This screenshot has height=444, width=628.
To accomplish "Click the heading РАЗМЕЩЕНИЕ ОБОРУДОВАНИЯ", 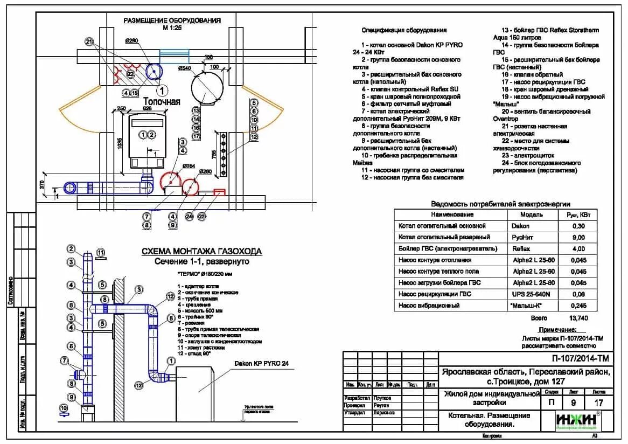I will (x=172, y=20).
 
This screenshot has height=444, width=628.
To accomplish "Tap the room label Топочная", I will (x=162, y=101).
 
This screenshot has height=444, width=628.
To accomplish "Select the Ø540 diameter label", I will (x=185, y=68).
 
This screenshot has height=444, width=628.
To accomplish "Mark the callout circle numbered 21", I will (x=89, y=41).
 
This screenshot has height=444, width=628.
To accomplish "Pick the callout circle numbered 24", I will (x=189, y=216).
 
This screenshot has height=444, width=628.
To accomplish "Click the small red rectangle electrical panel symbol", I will (x=219, y=191).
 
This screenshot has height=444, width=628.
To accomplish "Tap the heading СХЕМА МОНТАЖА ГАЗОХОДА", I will (x=201, y=251).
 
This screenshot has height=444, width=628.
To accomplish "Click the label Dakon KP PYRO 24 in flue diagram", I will (x=261, y=364).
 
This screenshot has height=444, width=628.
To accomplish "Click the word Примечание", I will (x=557, y=330).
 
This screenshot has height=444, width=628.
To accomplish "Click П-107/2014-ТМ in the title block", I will (x=580, y=357).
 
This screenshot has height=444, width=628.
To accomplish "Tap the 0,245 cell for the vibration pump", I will (x=578, y=306).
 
